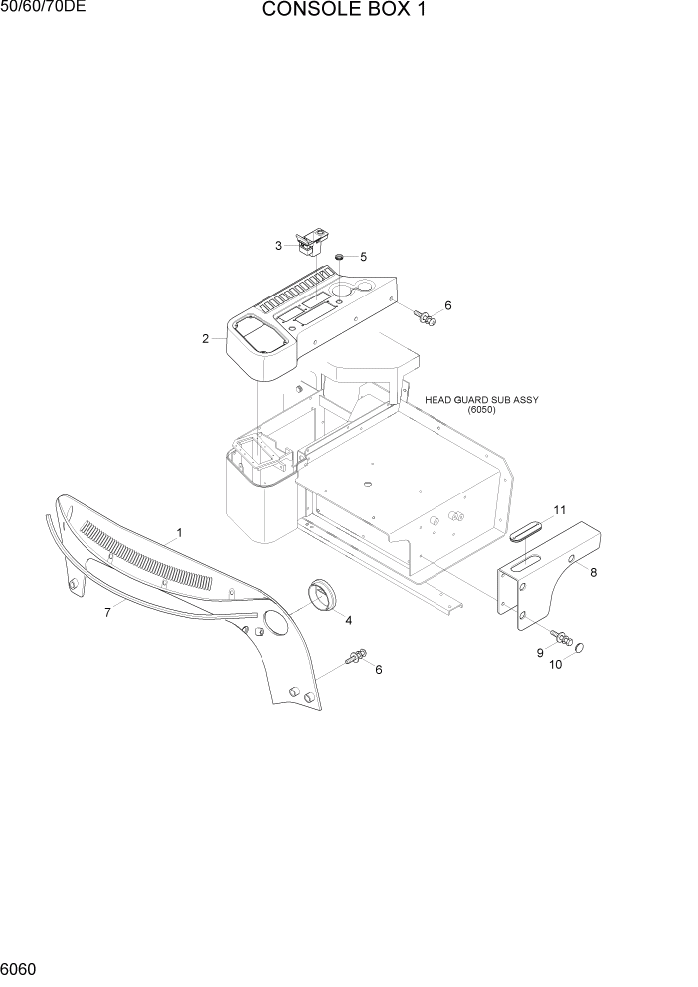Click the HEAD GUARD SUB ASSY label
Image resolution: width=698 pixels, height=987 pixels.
point(481,400)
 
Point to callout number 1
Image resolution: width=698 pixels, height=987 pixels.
point(179,533)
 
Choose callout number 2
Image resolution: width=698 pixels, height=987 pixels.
point(205,339)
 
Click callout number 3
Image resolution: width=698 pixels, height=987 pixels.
point(279,245)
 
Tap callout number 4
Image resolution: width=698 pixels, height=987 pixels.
point(348,620)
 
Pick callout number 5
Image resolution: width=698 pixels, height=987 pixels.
point(363,257)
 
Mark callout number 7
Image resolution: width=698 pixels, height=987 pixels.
point(107,612)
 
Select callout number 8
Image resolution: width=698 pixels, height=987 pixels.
point(593,572)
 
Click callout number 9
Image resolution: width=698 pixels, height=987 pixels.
point(540,652)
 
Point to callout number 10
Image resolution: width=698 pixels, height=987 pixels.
point(556,664)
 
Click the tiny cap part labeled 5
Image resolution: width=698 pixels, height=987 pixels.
point(340,257)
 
